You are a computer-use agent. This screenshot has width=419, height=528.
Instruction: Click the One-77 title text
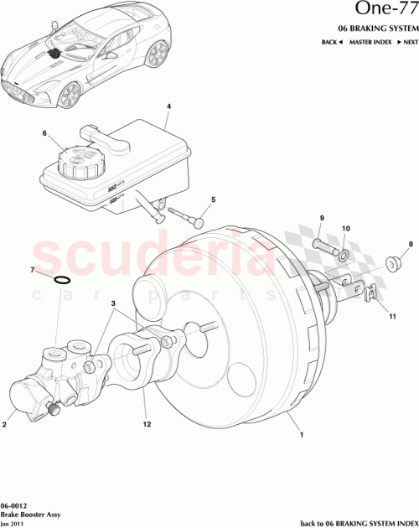tap(379, 11)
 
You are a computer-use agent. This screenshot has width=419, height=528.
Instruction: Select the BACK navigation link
tap(332, 41)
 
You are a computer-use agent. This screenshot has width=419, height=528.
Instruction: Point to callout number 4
tap(168, 106)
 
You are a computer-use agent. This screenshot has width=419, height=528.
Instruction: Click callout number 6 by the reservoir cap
tap(45, 132)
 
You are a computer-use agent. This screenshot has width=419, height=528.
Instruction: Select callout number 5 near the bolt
tap(213, 199)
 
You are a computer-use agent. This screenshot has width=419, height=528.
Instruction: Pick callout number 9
tap(321, 219)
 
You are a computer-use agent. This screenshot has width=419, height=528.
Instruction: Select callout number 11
tap(391, 316)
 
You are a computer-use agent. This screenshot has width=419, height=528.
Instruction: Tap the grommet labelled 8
tap(392, 265)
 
